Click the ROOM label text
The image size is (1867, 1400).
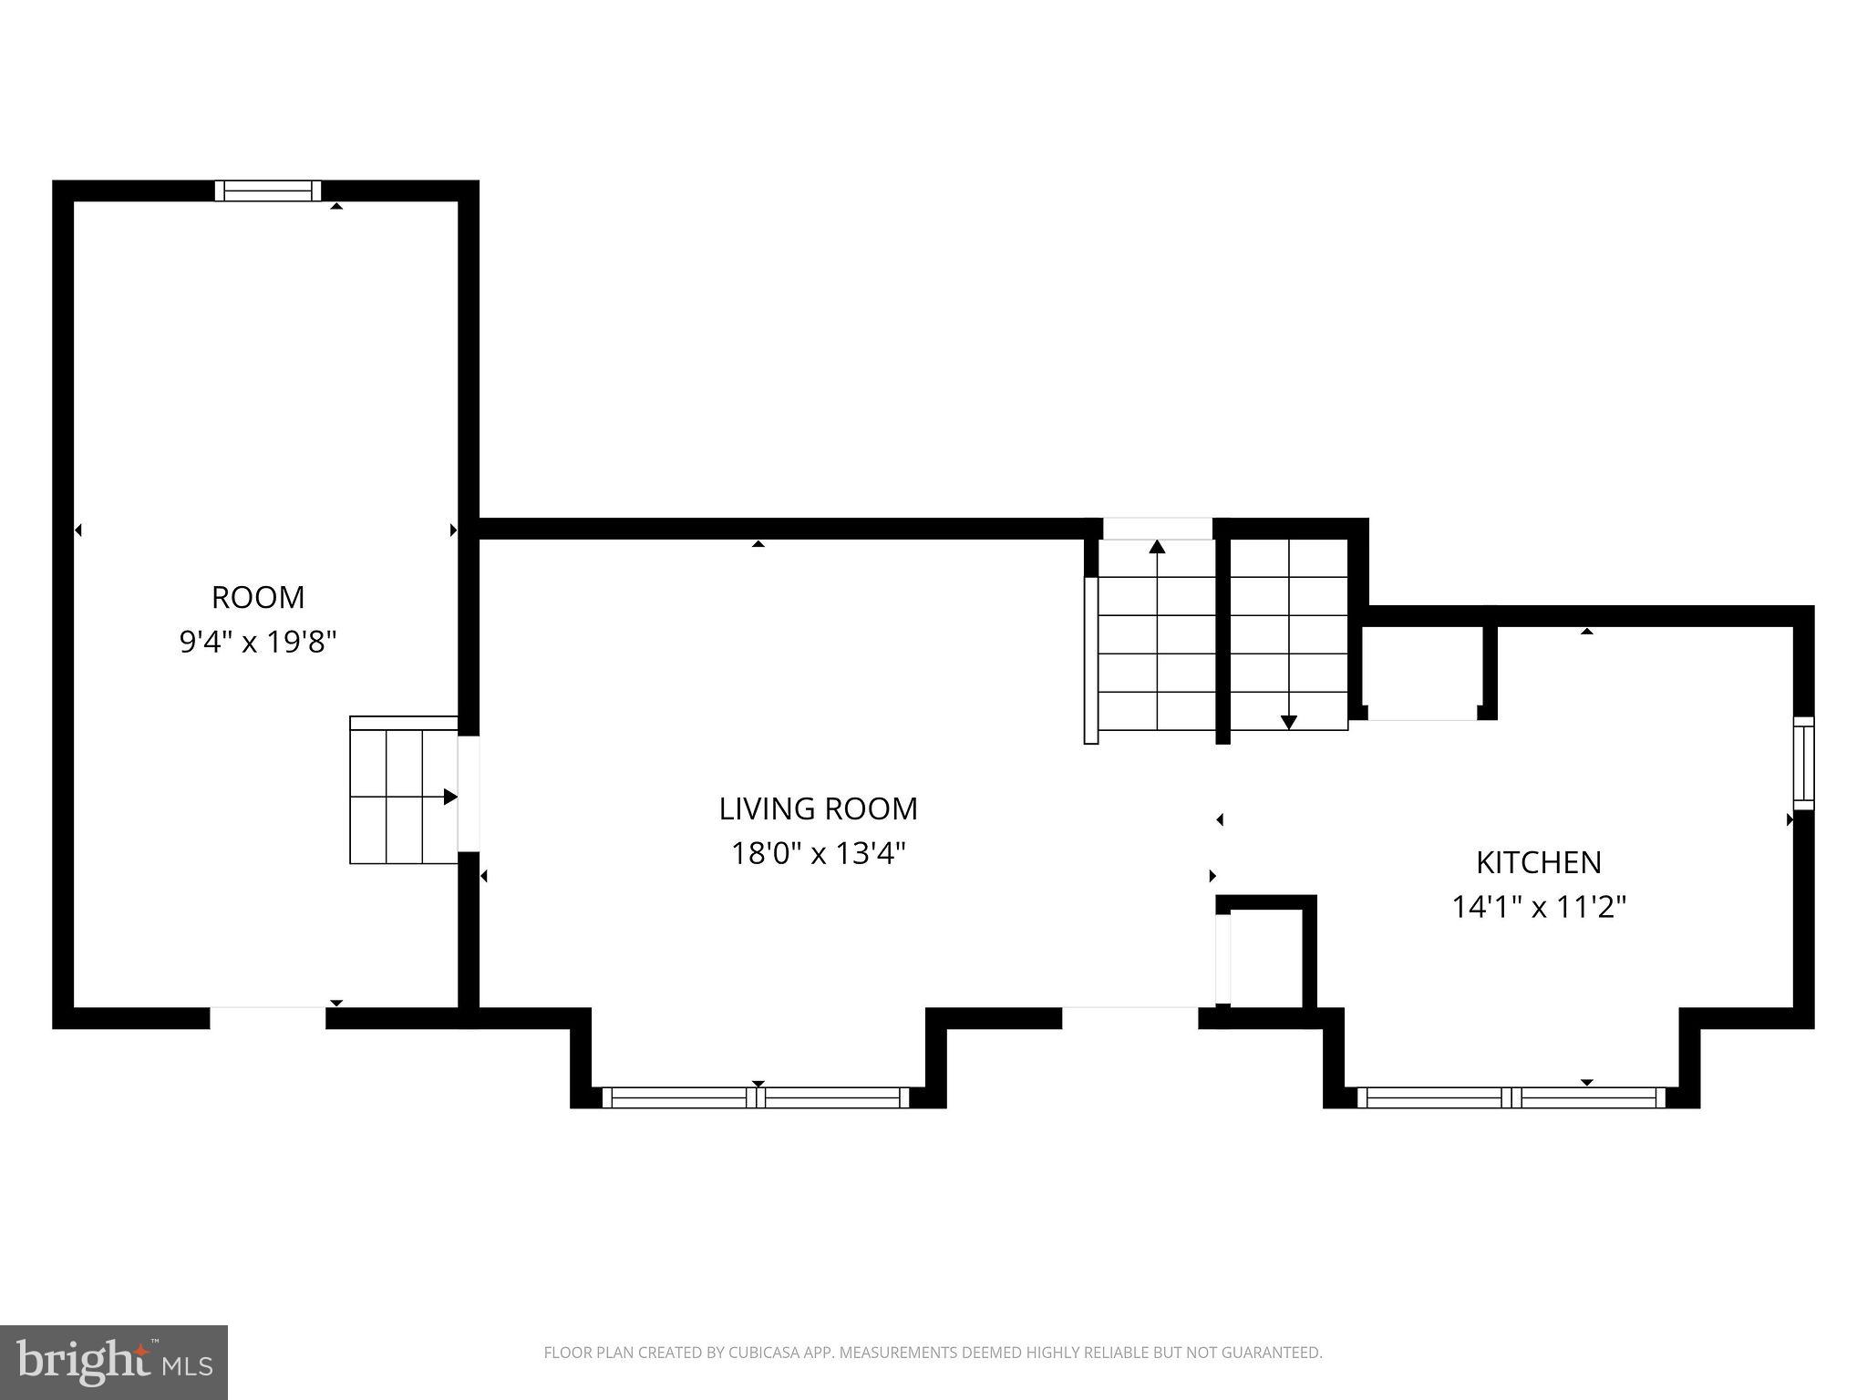click(258, 598)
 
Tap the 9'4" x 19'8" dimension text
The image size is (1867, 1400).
click(258, 643)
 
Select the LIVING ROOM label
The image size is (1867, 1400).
click(818, 809)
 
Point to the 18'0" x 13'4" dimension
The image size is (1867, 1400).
click(818, 854)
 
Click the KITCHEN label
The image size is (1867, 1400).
click(1538, 862)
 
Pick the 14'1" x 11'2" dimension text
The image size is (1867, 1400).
click(1538, 908)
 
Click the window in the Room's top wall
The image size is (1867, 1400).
click(268, 190)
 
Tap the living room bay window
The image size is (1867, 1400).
click(756, 1097)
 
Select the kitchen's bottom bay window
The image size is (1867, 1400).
click(1511, 1097)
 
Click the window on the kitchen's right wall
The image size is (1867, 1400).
click(1803, 763)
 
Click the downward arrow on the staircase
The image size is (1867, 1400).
click(1288, 722)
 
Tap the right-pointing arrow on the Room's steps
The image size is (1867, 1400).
click(449, 797)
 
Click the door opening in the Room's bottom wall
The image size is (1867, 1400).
click(268, 1018)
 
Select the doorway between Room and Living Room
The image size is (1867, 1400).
click(468, 793)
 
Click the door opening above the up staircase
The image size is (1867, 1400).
click(1157, 529)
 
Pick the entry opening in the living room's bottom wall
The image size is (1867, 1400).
click(1129, 1018)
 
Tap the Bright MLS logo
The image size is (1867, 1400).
click(113, 1362)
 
